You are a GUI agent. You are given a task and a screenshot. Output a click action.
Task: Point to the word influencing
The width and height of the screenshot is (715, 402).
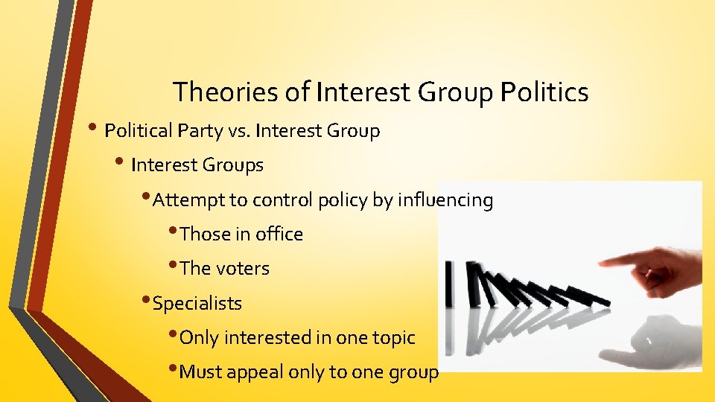pos(445,200)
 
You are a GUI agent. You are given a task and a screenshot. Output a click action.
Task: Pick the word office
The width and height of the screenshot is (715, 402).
pos(279,234)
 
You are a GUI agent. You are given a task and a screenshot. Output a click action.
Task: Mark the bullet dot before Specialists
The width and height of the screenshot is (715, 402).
pos(146,301)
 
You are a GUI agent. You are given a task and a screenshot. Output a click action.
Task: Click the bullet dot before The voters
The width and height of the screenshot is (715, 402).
pos(174,266)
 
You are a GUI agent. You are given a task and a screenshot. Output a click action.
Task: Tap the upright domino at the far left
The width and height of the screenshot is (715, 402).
pos(448,284)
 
